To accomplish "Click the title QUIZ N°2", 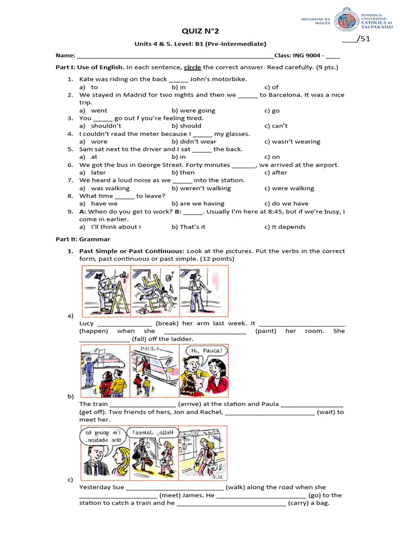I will click(200, 31).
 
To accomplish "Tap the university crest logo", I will click(347, 20).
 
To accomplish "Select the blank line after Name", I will click(175, 56).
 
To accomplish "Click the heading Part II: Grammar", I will click(83, 239).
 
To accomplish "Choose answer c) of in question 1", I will click(271, 87).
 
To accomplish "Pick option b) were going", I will click(193, 111).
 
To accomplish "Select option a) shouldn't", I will click(102, 126).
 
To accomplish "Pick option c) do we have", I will click(286, 204).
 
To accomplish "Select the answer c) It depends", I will click(285, 227).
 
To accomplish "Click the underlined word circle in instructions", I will click(192, 67).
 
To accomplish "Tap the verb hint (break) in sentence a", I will click(168, 323).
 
